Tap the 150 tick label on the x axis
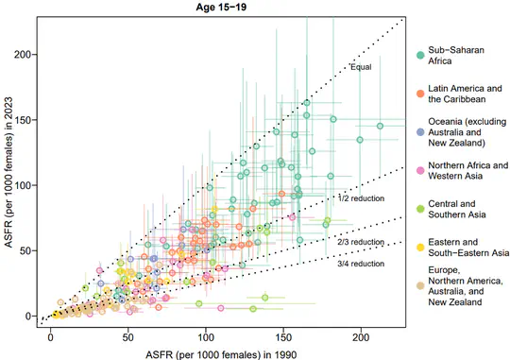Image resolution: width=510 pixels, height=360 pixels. [283, 334]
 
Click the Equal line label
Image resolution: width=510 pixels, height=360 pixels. [360, 67]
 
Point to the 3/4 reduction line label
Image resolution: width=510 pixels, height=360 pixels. [360, 264]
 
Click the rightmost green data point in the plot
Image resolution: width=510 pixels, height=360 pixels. [381, 126]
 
